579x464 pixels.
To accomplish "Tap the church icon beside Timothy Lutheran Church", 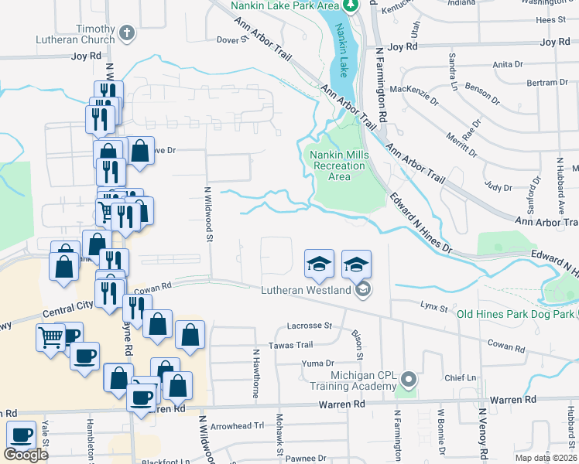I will click(x=127, y=33).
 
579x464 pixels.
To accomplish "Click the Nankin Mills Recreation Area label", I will click(x=339, y=165).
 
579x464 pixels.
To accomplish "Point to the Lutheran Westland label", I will click(x=303, y=291).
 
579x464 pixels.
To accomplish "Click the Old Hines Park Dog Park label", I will click(x=516, y=314).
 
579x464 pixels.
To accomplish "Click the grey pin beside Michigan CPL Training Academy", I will click(x=409, y=380).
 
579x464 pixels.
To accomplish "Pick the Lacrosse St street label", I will click(x=308, y=326).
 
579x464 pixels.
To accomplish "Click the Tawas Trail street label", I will click(x=290, y=345).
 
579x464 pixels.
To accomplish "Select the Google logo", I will click(x=26, y=455).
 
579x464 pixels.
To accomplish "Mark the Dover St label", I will click(x=231, y=39).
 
